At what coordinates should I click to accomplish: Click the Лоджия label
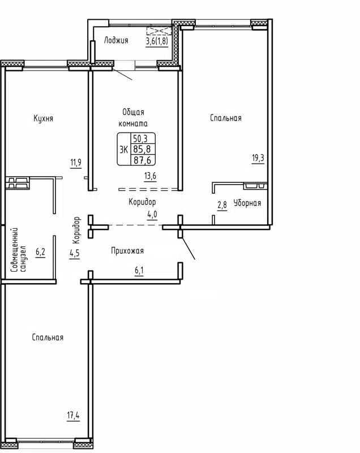pyautogui.click(x=116, y=40)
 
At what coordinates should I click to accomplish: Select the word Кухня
pyautogui.click(x=44, y=118)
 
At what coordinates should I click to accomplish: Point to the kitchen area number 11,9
pyautogui.click(x=76, y=164)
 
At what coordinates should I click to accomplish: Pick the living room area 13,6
pyautogui.click(x=151, y=176)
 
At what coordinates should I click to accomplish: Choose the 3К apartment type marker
pyautogui.click(x=123, y=149)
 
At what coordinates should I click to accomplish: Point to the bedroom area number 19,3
pyautogui.click(x=258, y=158)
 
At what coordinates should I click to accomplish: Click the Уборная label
pyautogui.click(x=247, y=203)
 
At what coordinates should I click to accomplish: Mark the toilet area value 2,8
pyautogui.click(x=222, y=205)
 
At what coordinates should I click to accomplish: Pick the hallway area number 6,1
pyautogui.click(x=139, y=271)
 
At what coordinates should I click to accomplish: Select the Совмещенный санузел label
pyautogui.click(x=18, y=250)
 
